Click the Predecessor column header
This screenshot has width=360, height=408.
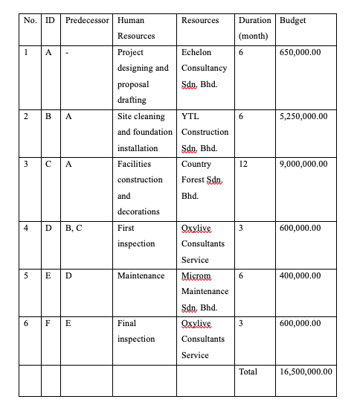(x=86, y=20)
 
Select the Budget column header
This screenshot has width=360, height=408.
(x=291, y=20)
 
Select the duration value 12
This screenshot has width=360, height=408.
(x=242, y=164)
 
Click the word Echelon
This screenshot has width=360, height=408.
(x=196, y=53)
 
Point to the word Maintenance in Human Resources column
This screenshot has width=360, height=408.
(x=141, y=275)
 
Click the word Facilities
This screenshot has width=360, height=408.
(x=134, y=164)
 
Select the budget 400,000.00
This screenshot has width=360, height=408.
(x=300, y=275)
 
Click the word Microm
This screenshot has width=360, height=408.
(x=196, y=275)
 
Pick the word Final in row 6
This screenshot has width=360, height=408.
(x=126, y=324)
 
